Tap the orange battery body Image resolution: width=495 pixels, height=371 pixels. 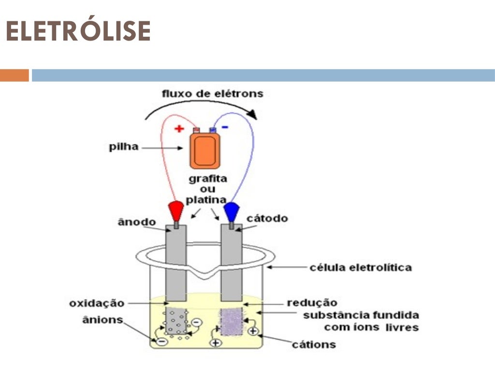pos(205,151)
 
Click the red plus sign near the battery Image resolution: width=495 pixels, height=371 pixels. pos(179,128)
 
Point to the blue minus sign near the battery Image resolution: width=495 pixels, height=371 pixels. pos(225,127)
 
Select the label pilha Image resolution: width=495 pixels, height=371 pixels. pos(124,147)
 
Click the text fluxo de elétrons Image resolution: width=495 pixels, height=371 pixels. pos(213,94)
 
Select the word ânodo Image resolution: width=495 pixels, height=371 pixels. pos(137,222)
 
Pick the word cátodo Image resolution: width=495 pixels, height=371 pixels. pos(267,218)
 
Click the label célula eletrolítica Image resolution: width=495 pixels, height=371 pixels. pos(361,268)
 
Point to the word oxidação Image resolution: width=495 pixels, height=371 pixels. pos(97,303)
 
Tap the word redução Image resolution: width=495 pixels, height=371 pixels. pos(312,302)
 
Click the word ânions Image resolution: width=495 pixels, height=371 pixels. pos(102,320)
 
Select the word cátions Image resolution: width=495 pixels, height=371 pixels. pos(313,344)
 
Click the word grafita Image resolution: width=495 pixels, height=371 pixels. pos(208,179)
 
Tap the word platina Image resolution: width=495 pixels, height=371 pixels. pos(206,200)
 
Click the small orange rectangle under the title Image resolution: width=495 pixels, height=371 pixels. pos(15,75)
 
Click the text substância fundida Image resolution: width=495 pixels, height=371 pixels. pos(361,315)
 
